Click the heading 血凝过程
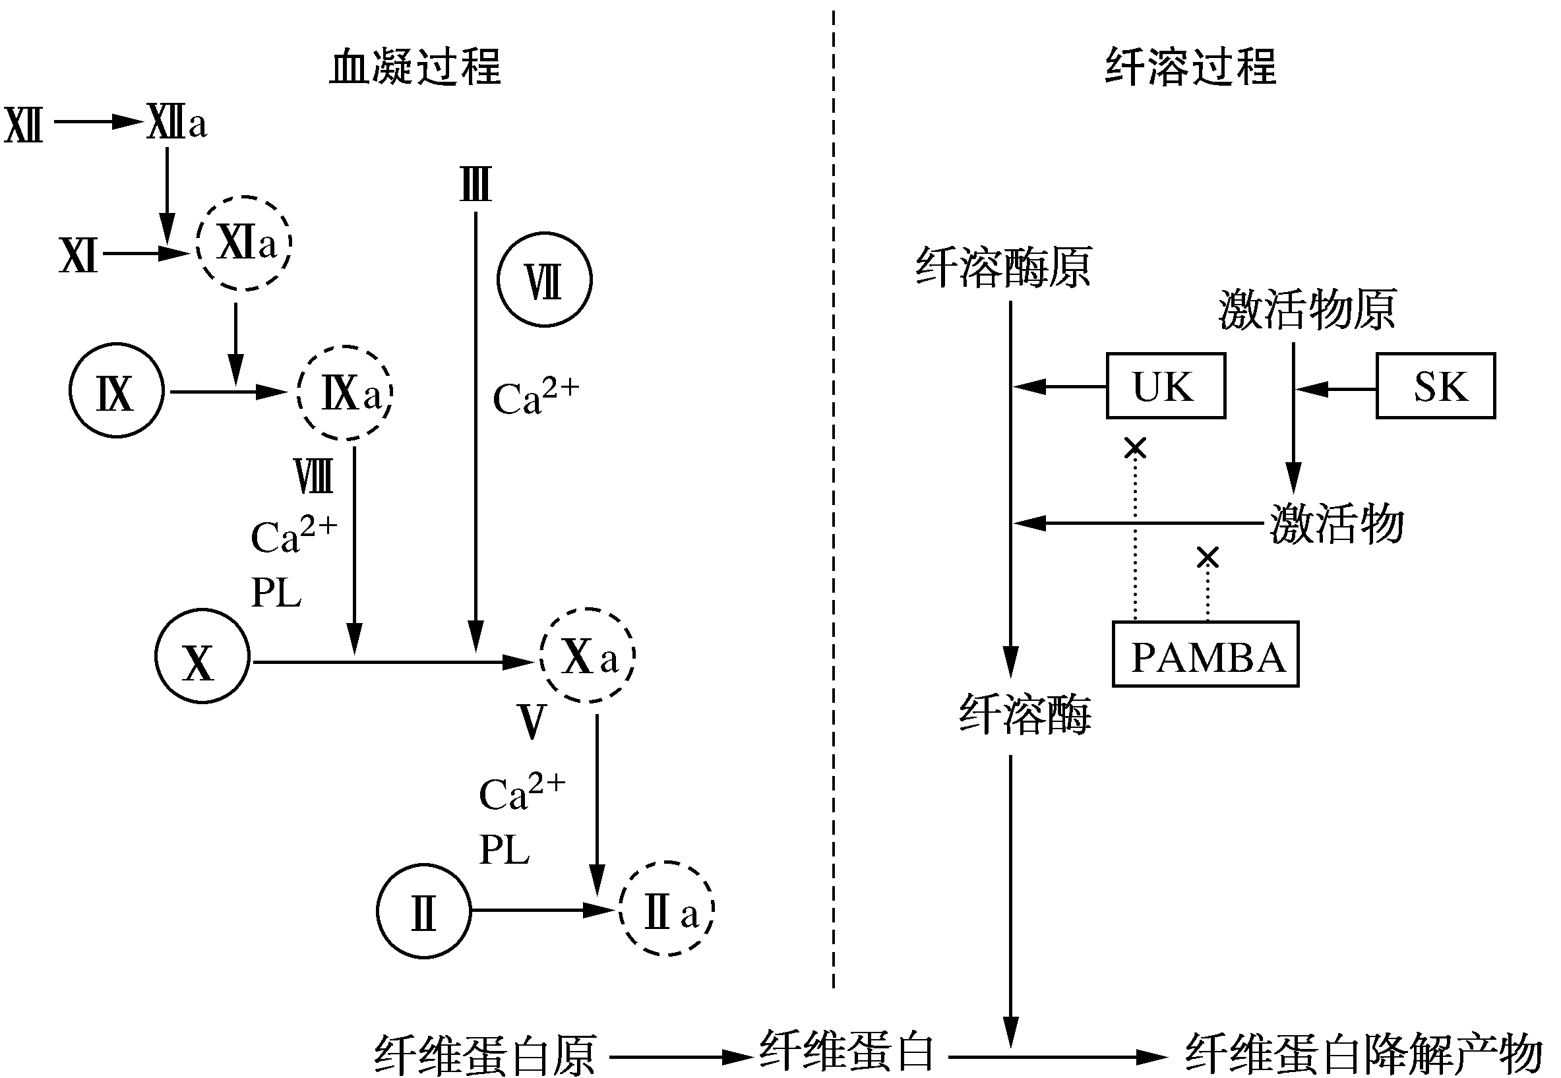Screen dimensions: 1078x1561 click(x=415, y=67)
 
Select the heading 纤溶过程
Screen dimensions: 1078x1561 click(x=1190, y=67)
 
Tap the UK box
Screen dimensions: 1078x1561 click(x=1165, y=386)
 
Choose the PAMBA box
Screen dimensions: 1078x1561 click(x=1205, y=654)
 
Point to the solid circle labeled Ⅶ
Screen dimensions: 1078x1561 click(x=545, y=280)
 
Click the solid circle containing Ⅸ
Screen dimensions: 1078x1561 click(x=117, y=391)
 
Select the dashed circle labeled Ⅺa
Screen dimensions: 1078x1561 click(x=245, y=243)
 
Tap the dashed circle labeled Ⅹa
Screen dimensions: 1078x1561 click(x=588, y=655)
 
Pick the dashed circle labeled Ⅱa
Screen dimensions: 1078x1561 click(x=667, y=909)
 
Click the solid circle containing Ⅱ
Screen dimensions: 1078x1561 click(x=423, y=911)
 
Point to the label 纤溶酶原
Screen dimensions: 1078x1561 click(x=1003, y=268)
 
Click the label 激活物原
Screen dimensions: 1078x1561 click(x=1307, y=310)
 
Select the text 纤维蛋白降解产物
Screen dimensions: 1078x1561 click(x=1364, y=1054)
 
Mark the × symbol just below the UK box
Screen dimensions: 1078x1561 click(x=1135, y=447)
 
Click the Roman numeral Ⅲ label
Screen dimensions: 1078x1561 click(x=475, y=185)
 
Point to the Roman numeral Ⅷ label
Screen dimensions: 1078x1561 click(x=313, y=476)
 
